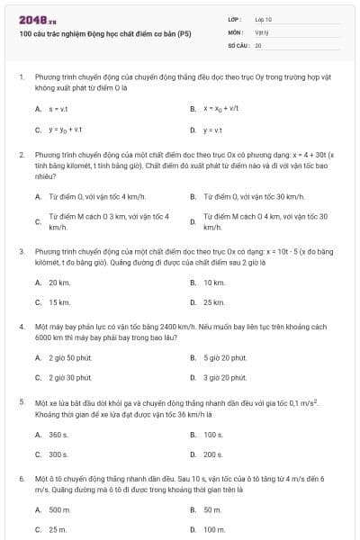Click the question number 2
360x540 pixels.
coord(22,155)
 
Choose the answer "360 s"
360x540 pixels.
coord(58,434)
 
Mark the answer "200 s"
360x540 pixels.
coord(213,454)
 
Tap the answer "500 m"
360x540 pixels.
coord(59,509)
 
